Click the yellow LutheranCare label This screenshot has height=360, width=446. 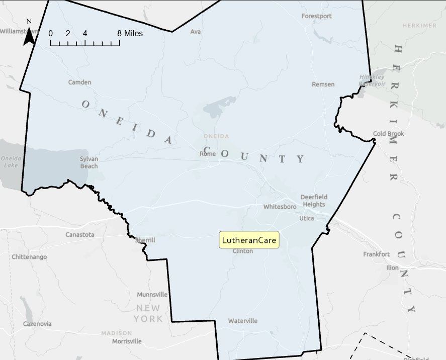click(x=249, y=240)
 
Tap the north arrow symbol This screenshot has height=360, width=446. click(x=29, y=33)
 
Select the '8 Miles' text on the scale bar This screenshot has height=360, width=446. click(x=130, y=34)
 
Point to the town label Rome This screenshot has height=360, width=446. click(x=208, y=154)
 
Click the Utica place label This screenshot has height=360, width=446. click(x=306, y=218)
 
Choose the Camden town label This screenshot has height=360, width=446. click(x=80, y=82)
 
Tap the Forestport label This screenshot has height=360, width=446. click(x=316, y=16)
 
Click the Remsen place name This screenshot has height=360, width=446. click(x=323, y=84)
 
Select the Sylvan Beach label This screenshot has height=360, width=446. click(x=89, y=162)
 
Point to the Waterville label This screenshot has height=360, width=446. click(x=242, y=321)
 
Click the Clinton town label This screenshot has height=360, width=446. click(x=243, y=251)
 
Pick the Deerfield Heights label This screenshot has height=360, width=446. click(x=314, y=201)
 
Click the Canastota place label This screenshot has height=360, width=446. click(x=79, y=234)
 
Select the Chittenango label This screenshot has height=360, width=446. click(x=29, y=257)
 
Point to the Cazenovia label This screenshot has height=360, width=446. click(x=37, y=324)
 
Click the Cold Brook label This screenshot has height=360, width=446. click(x=388, y=134)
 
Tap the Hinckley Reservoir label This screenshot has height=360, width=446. click(x=372, y=80)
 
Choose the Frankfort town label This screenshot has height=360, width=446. click(x=376, y=254)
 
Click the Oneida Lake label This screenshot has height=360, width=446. click(x=9, y=161)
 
